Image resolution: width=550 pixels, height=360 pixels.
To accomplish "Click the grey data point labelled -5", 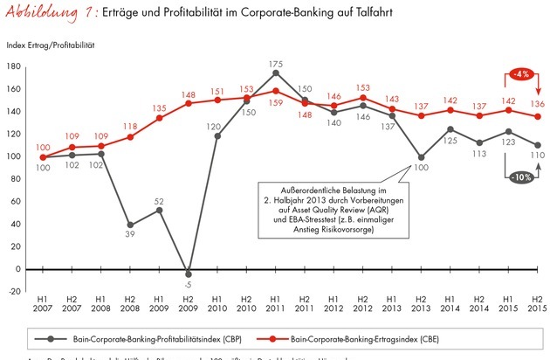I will (188, 274).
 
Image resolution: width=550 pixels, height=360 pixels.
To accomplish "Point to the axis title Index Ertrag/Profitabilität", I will (52, 44).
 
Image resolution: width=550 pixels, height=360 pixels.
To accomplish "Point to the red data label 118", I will (130, 125).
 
